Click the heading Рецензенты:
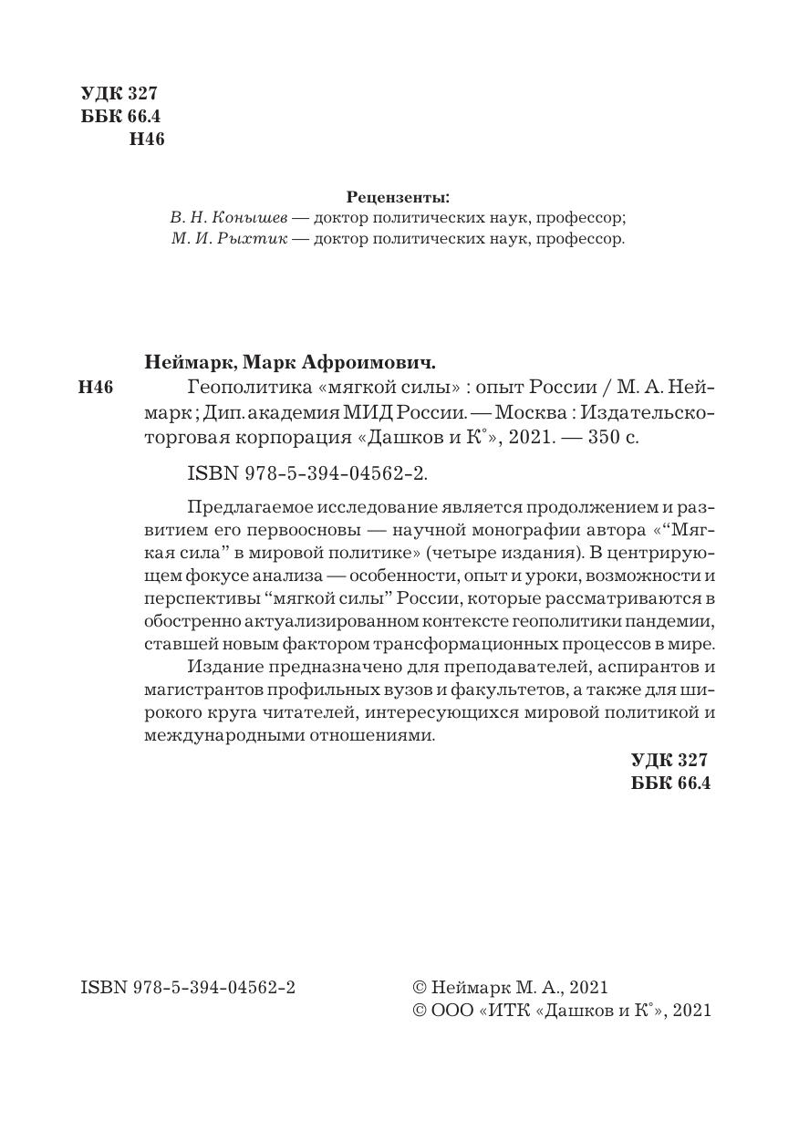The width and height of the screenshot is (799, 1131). pyautogui.click(x=399, y=197)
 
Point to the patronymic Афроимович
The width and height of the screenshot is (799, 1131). pyautogui.click(x=367, y=360)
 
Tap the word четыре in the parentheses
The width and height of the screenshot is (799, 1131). pyautogui.click(x=457, y=555)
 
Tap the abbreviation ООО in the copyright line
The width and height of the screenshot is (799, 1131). pyautogui.click(x=451, y=1011)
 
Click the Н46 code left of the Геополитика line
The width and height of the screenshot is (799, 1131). pyautogui.click(x=96, y=388)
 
